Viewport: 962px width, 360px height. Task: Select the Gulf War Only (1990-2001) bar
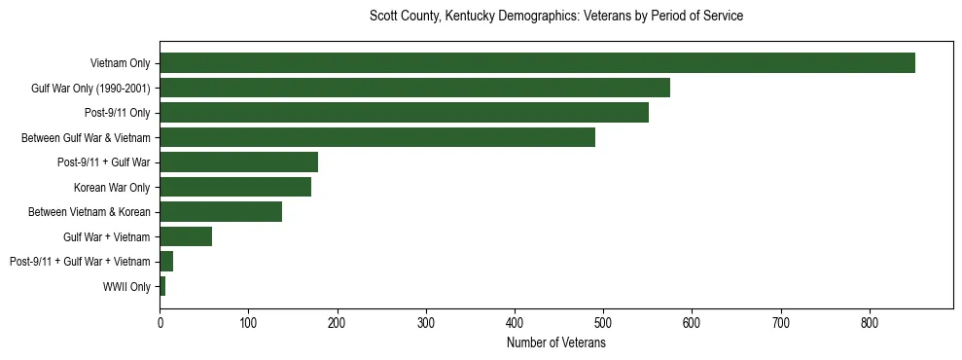tap(414, 89)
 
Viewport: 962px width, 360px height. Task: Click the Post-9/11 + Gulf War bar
tap(238, 162)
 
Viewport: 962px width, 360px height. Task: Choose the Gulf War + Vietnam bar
tap(186, 236)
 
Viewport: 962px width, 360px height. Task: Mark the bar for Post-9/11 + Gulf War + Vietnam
tap(166, 262)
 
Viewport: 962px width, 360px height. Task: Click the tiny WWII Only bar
tap(162, 286)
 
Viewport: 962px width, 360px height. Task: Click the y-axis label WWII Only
tap(126, 287)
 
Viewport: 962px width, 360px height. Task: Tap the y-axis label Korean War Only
tap(112, 188)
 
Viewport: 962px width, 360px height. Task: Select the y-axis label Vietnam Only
tap(120, 64)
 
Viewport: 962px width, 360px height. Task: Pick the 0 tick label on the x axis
tap(160, 321)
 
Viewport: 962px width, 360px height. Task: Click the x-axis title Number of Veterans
tap(556, 343)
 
